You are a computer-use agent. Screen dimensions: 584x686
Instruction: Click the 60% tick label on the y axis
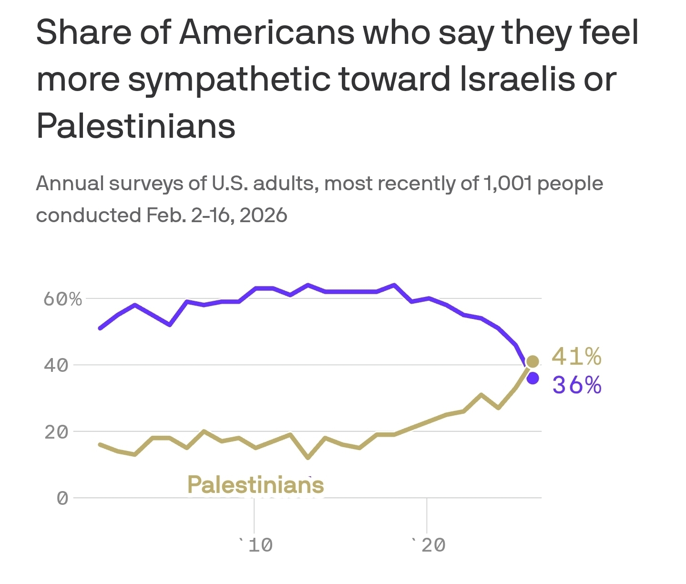(x=62, y=299)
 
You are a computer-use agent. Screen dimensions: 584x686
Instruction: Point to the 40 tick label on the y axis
(x=56, y=366)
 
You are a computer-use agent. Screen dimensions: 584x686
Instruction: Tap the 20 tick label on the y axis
(x=56, y=432)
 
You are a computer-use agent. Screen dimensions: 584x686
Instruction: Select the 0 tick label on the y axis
(x=62, y=499)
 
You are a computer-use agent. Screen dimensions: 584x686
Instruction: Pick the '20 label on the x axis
(x=428, y=544)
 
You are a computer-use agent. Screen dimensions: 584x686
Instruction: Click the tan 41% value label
(x=576, y=356)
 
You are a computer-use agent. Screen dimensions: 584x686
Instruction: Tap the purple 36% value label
(x=576, y=385)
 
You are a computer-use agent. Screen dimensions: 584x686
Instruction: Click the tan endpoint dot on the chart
(x=532, y=361)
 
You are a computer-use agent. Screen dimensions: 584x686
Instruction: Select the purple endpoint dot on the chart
(x=533, y=378)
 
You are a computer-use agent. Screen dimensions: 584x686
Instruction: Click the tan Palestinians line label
(x=256, y=485)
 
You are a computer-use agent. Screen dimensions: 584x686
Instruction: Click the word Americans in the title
(x=266, y=32)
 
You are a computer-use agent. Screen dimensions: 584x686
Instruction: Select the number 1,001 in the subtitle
(x=507, y=184)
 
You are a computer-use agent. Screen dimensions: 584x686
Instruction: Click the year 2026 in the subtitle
(x=263, y=215)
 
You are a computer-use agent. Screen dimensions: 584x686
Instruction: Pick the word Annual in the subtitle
(x=70, y=184)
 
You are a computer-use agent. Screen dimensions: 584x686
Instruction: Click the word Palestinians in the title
(x=136, y=126)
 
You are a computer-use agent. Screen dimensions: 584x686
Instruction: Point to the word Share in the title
(x=83, y=32)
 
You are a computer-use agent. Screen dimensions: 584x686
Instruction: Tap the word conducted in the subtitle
(x=88, y=215)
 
